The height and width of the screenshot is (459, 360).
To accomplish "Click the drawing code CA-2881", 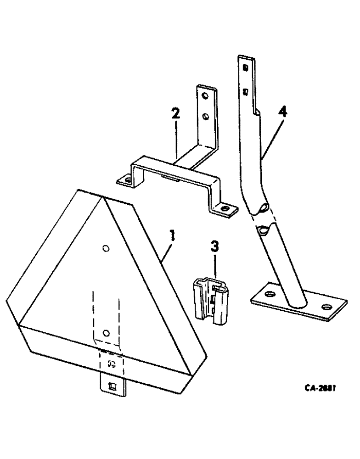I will tap(320, 388).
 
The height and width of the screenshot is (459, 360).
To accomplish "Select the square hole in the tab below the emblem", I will tap(111, 386).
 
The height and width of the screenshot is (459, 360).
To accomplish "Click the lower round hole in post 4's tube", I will tap(263, 229).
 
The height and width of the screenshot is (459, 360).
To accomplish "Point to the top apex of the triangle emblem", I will tap(102, 198).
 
